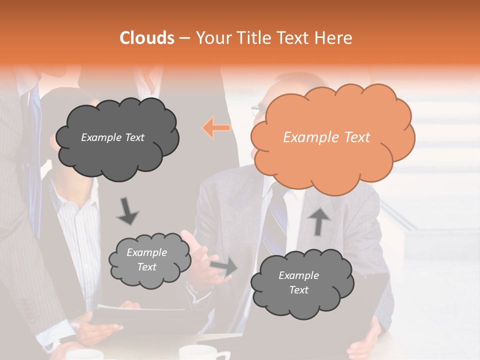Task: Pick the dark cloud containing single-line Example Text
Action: click(116, 137)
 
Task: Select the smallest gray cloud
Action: click(149, 259)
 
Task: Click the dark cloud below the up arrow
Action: click(301, 282)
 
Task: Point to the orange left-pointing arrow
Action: click(216, 128)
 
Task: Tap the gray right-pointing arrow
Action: click(223, 267)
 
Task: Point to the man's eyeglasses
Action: click(257, 109)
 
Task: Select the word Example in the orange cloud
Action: click(306, 137)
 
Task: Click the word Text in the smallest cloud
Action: click(146, 266)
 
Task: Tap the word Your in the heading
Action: click(210, 38)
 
